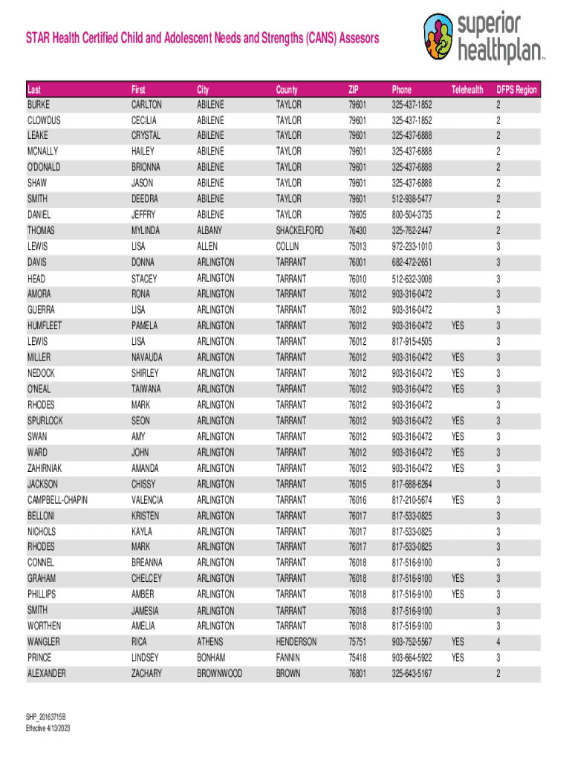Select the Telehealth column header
[468, 89]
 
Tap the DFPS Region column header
[516, 89]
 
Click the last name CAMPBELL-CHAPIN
[57, 500]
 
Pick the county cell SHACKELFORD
[299, 230]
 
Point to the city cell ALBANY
[209, 230]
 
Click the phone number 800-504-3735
[412, 215]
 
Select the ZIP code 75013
[357, 246]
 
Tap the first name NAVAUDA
[146, 357]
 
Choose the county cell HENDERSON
[296, 641]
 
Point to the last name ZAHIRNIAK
[48, 468]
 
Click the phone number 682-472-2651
[412, 262]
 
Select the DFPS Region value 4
[498, 641]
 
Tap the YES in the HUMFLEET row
[458, 326]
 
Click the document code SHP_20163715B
[46, 719]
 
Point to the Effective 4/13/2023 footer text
[49, 729]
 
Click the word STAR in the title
[39, 38]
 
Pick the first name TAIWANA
[146, 389]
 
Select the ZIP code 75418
[357, 658]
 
